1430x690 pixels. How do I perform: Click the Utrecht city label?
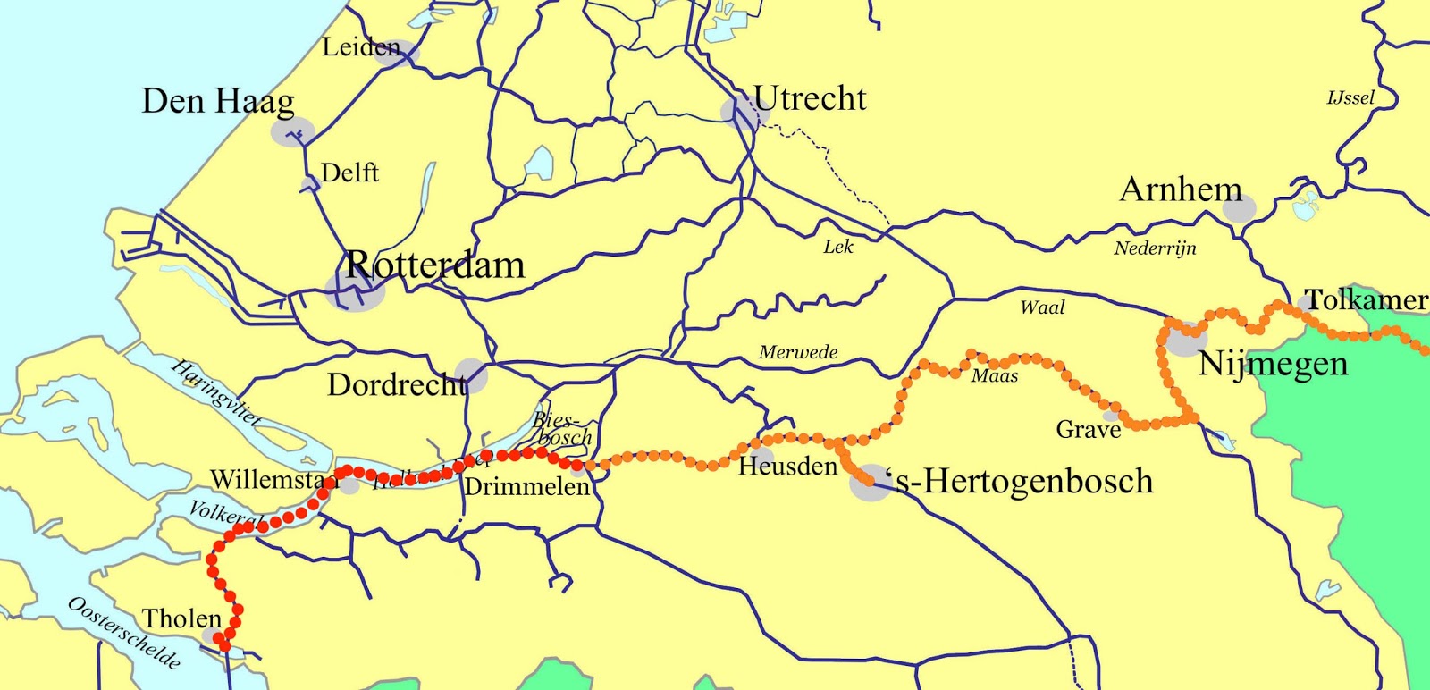[x=810, y=99]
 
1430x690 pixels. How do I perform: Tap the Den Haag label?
[x=217, y=102]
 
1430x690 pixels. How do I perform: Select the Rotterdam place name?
[x=435, y=265]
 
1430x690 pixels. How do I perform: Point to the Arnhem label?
[x=1181, y=189]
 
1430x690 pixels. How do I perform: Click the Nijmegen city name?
[x=1273, y=365]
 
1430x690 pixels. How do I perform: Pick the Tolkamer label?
[x=1366, y=300]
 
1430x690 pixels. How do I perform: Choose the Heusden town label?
[x=787, y=466]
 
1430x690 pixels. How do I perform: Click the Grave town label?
[x=1088, y=430]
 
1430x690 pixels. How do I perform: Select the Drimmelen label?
[x=527, y=487]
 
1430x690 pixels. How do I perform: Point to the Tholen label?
[x=181, y=618]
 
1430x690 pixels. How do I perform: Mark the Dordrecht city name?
[x=397, y=385]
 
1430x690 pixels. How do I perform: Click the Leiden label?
[x=361, y=47]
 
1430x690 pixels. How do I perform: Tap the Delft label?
[x=349, y=172]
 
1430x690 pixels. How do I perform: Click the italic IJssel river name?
[x=1350, y=97]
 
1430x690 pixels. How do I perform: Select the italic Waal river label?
[x=1042, y=307]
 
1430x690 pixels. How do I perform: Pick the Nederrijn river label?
[x=1155, y=248]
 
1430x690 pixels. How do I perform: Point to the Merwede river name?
[x=798, y=352]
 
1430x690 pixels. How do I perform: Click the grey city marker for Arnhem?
[x=1239, y=209]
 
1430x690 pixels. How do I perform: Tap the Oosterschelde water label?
[x=124, y=633]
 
